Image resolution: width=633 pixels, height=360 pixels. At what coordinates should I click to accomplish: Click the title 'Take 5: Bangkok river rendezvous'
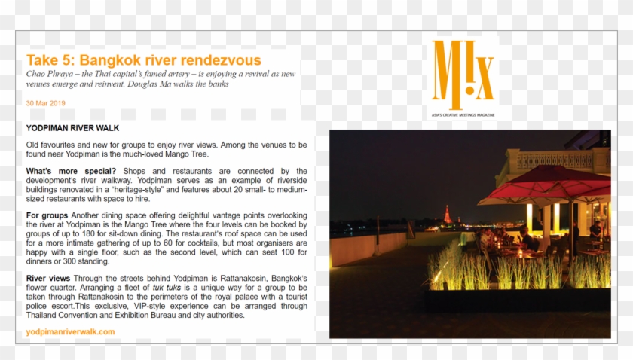pyautogui.click(x=143, y=60)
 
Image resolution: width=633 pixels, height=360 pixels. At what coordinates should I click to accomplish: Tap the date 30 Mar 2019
pyautogui.click(x=45, y=102)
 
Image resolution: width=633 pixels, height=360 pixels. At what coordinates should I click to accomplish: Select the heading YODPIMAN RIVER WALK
pyautogui.click(x=72, y=128)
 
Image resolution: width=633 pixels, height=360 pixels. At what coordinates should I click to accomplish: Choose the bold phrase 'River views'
pyautogui.click(x=49, y=278)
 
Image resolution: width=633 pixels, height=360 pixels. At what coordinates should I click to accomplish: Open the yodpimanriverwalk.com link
pyautogui.click(x=70, y=331)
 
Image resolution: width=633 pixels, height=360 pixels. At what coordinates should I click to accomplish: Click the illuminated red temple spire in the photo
pyautogui.click(x=448, y=214)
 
